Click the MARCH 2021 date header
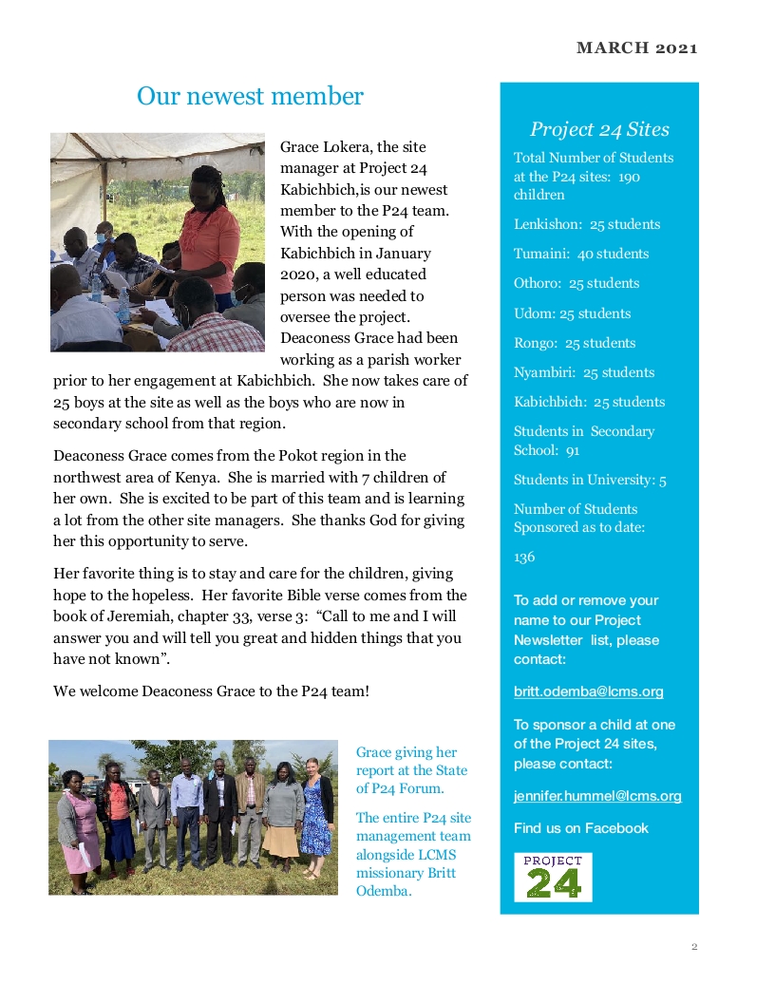pyautogui.click(x=636, y=48)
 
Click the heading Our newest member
pyautogui.click(x=250, y=96)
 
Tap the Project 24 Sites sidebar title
pyautogui.click(x=599, y=129)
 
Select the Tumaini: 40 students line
pyautogui.click(x=581, y=254)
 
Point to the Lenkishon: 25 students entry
pyautogui.click(x=586, y=224)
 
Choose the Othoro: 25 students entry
pyautogui.click(x=577, y=283)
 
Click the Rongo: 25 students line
pyautogui.click(x=575, y=343)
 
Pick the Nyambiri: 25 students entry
pyautogui.click(x=583, y=372)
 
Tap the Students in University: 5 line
pyautogui.click(x=590, y=480)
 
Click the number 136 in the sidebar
pyautogui.click(x=524, y=558)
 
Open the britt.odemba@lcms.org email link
pyautogui.click(x=588, y=691)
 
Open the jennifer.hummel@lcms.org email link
pyautogui.click(x=597, y=796)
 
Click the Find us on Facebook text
pyautogui.click(x=580, y=828)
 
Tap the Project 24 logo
pyautogui.click(x=553, y=877)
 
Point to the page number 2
pyautogui.click(x=694, y=946)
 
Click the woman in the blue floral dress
pyautogui.click(x=316, y=817)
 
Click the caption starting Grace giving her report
pyautogui.click(x=411, y=769)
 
